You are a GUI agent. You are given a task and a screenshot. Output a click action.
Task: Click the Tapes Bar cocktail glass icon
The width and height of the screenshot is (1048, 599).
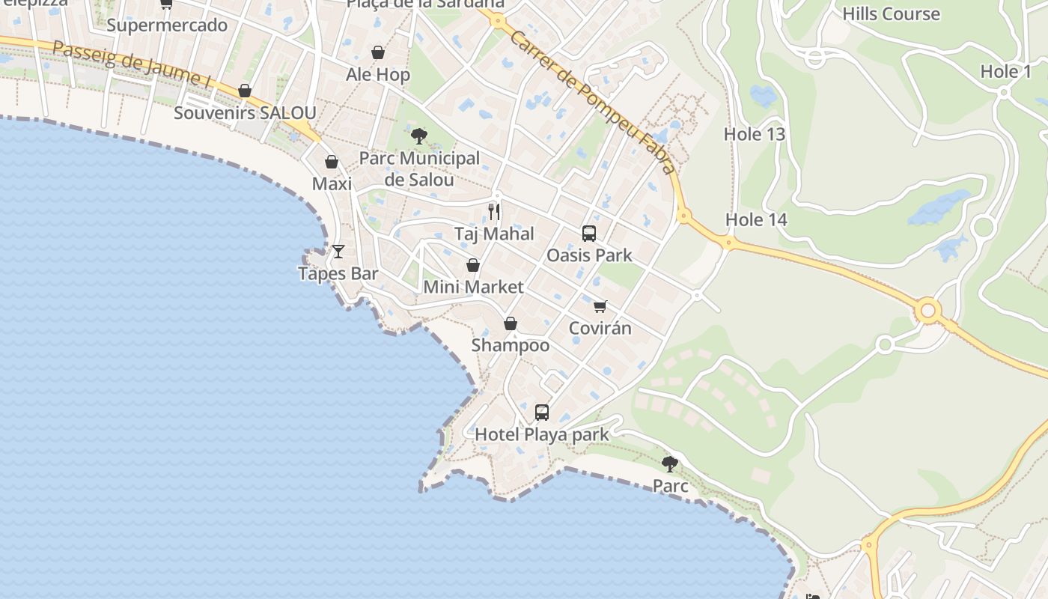tap(338, 252)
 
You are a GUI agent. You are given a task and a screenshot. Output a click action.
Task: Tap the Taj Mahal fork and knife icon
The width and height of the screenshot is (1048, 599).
tap(494, 212)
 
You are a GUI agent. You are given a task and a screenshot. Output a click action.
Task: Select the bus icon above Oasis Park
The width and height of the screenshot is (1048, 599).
tap(589, 233)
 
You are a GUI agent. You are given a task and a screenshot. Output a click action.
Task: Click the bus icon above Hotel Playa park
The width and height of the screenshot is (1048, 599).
tap(542, 412)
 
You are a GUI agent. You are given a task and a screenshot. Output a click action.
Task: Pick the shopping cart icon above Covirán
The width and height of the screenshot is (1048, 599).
tap(600, 306)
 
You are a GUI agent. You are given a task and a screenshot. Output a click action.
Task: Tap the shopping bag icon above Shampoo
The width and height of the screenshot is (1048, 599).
tap(511, 323)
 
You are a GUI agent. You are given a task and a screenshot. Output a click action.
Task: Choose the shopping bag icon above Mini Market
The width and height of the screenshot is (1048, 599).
tap(473, 265)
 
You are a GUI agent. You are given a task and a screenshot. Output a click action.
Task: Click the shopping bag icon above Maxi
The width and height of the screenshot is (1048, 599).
tap(332, 162)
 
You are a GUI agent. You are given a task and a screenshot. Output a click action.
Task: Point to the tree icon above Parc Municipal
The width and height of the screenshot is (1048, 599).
tap(419, 136)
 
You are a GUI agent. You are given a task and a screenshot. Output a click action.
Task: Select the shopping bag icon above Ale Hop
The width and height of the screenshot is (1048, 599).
tap(378, 52)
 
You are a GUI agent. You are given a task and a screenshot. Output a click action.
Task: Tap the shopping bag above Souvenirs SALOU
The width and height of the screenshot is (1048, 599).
tap(245, 91)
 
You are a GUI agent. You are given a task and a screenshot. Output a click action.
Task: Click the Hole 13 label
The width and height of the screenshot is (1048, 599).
tap(754, 134)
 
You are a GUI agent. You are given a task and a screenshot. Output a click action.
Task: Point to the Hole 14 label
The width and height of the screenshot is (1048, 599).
tap(756, 219)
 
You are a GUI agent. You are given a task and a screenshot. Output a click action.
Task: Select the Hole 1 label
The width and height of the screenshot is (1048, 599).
tap(1005, 72)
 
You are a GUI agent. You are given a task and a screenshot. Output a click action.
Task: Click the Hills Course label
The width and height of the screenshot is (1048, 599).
tap(891, 14)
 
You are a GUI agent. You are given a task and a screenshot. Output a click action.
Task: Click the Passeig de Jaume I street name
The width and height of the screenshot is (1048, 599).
tap(131, 64)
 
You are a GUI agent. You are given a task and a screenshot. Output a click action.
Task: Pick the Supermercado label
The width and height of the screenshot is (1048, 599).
tap(167, 25)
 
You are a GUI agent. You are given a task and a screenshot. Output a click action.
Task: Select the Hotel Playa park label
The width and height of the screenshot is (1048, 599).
tap(542, 434)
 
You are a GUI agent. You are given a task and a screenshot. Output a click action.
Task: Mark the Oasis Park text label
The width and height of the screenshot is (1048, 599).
tap(589, 255)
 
